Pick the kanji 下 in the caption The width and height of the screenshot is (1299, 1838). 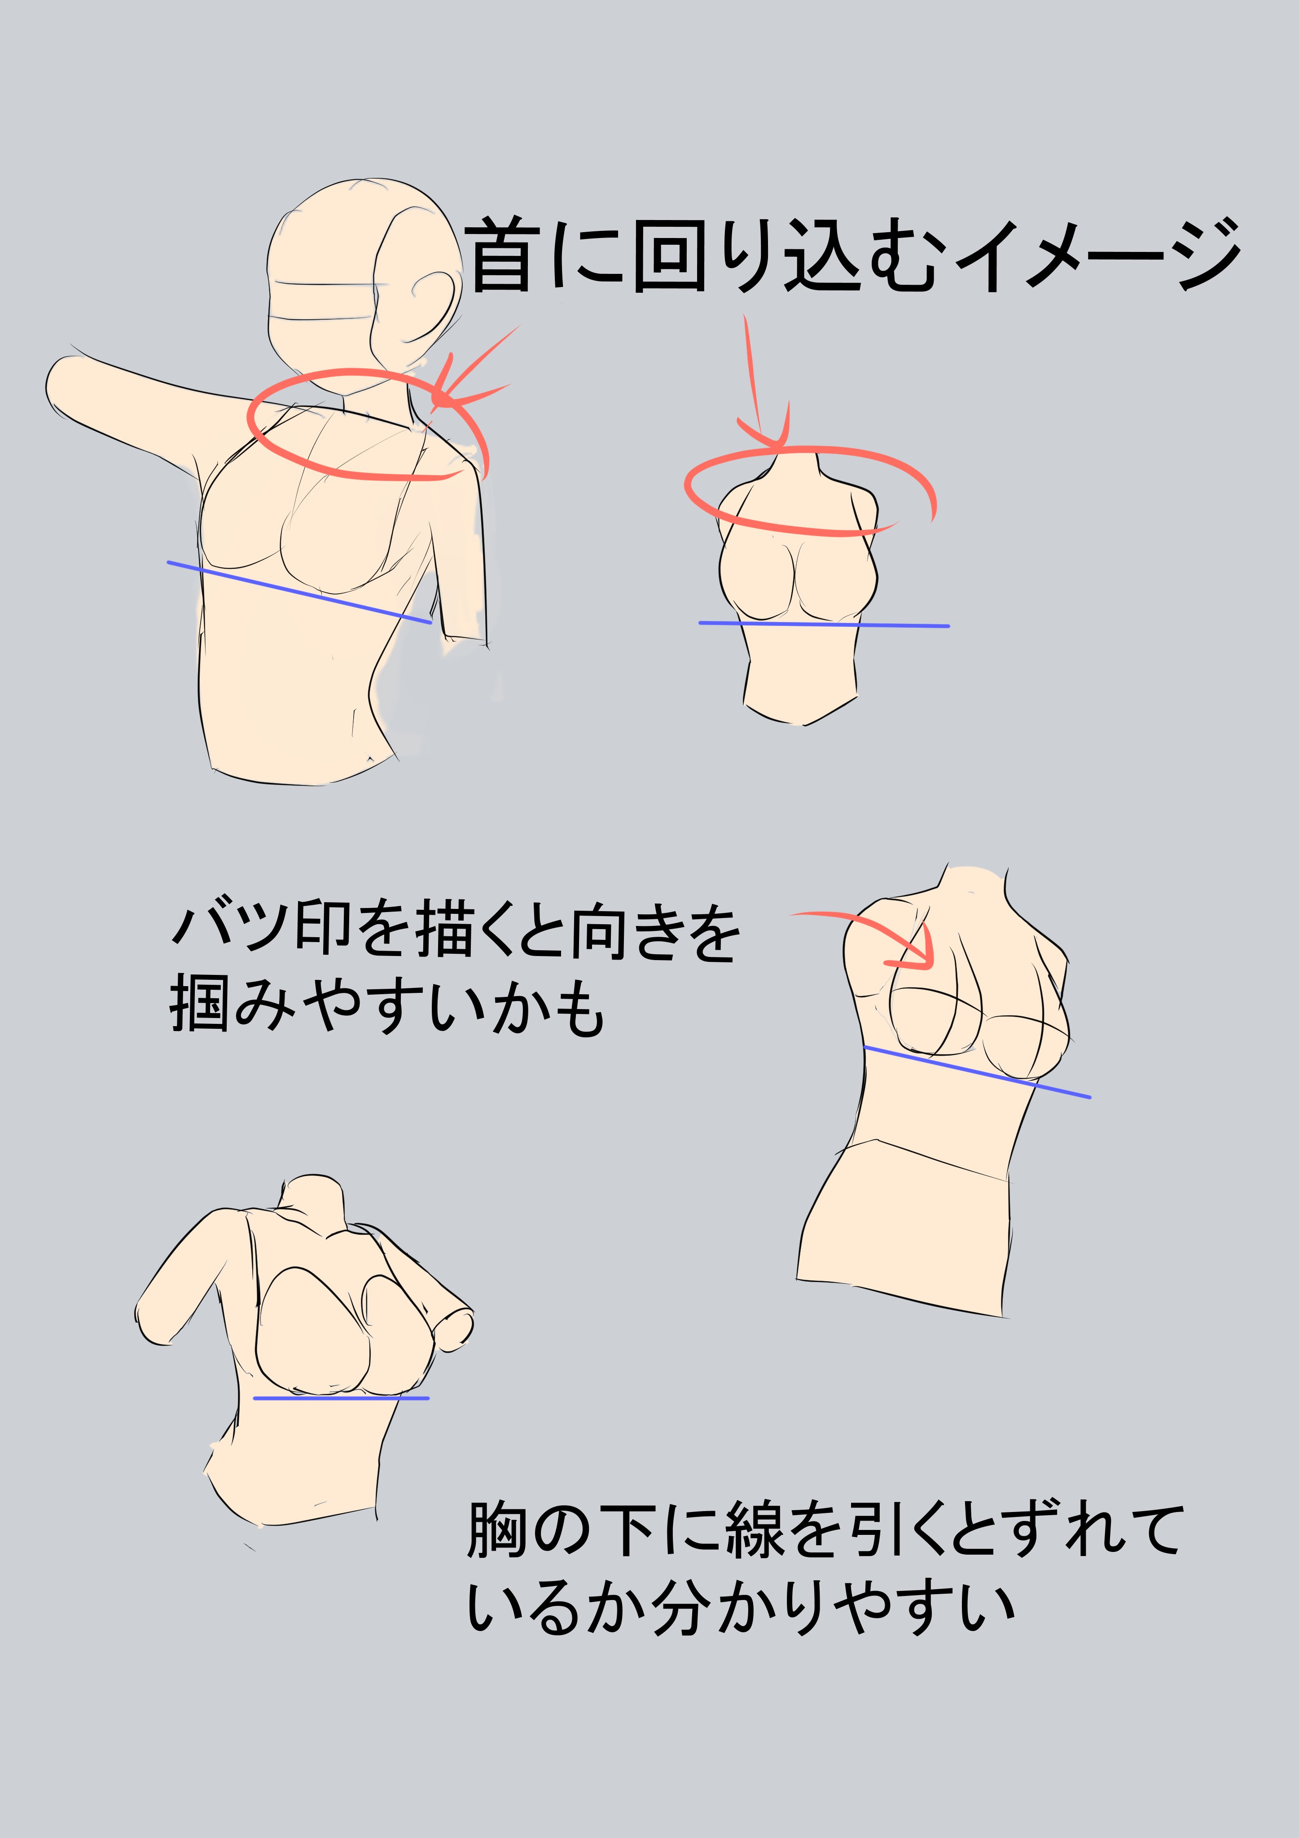click(627, 1530)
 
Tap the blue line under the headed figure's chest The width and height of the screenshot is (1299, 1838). click(299, 591)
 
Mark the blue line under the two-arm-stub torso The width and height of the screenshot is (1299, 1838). click(341, 1398)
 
